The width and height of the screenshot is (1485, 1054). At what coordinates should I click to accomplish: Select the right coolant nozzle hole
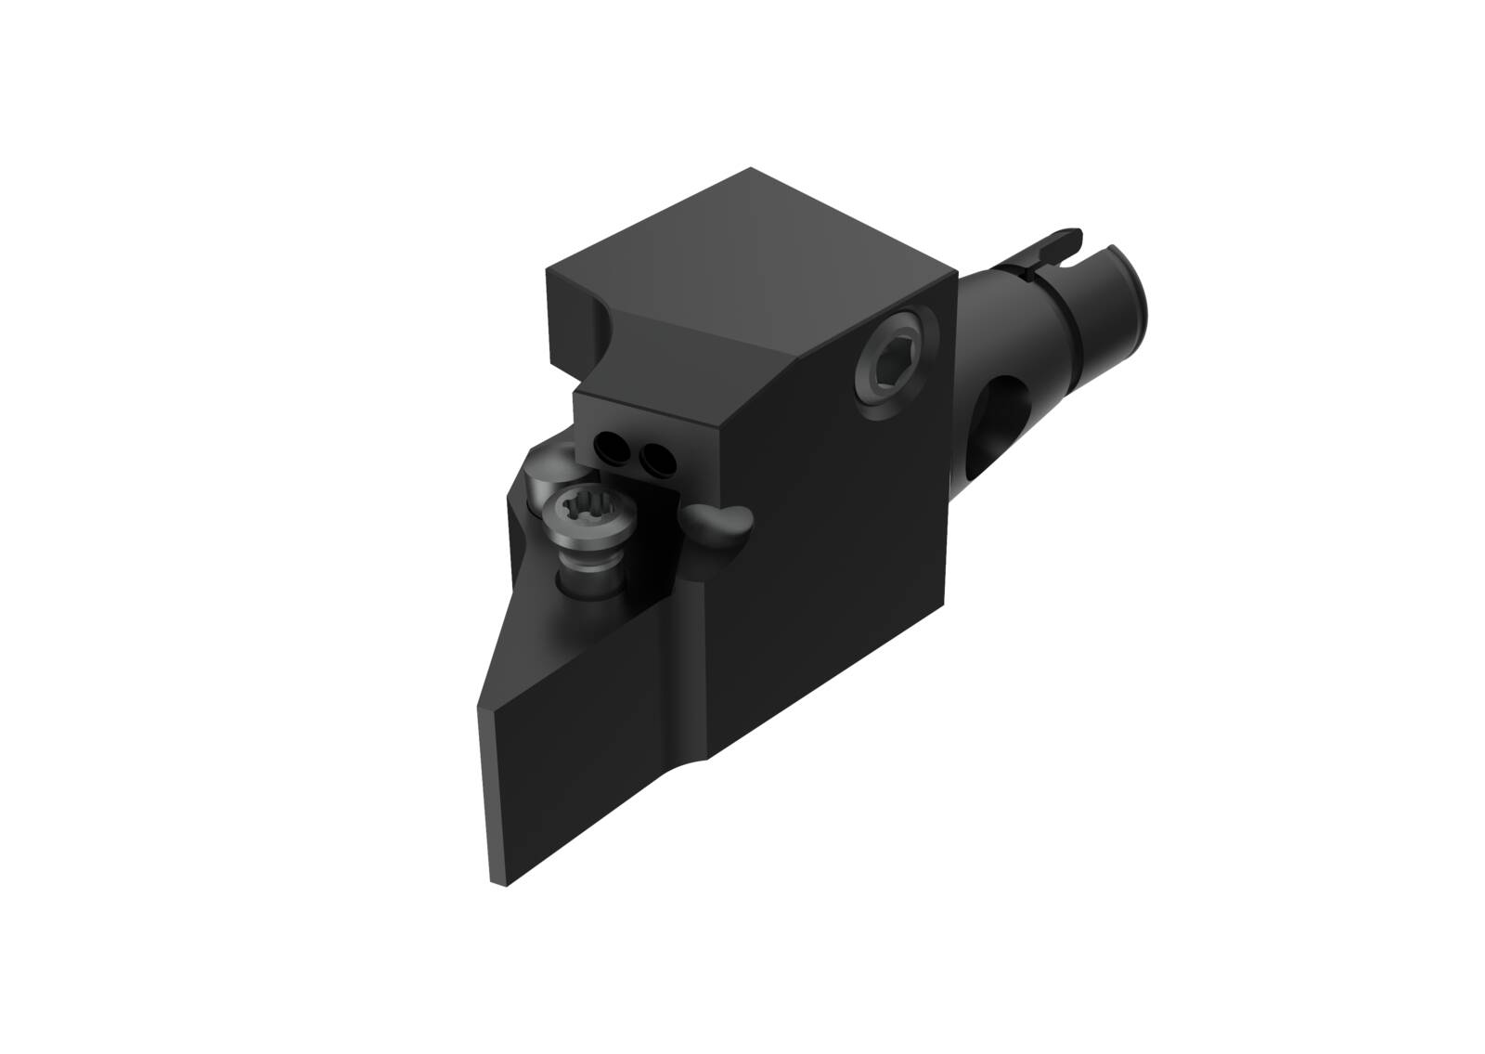[658, 456]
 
